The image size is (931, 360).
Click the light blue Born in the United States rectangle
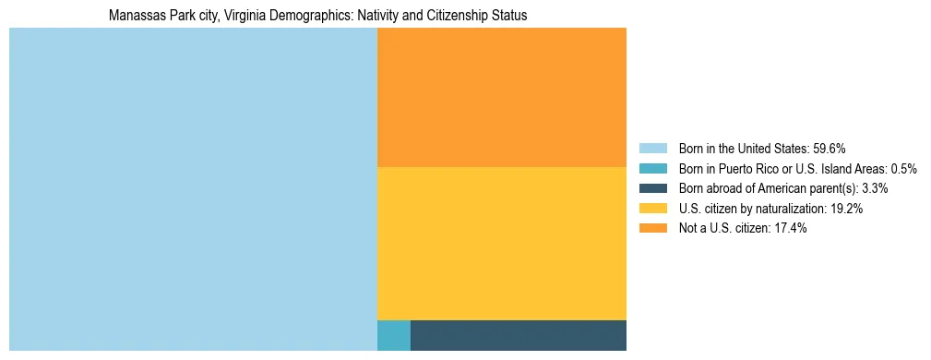193,189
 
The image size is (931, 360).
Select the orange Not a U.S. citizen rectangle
502,97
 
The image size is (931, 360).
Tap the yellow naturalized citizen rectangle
502,244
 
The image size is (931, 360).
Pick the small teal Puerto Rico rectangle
394,335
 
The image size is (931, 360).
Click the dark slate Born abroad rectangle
518,335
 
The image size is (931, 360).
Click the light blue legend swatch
652,149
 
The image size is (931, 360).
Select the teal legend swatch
652,169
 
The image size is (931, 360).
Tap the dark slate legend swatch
652,188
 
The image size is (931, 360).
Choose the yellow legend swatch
652,209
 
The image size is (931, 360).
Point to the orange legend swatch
652,229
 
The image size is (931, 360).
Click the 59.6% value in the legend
830,149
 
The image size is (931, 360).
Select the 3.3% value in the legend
875,188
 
